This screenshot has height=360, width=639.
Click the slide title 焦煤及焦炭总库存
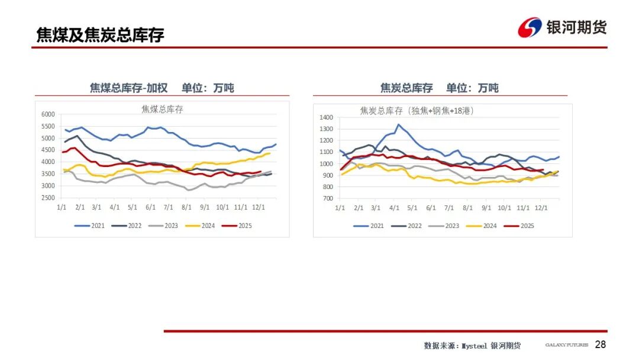click(x=100, y=35)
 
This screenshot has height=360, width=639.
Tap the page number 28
click(x=600, y=345)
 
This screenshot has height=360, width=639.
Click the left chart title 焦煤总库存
click(x=162, y=109)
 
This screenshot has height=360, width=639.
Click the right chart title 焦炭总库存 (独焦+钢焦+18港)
click(x=417, y=111)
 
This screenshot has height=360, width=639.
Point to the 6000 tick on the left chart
click(x=47, y=114)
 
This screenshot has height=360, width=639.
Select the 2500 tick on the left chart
click(x=47, y=198)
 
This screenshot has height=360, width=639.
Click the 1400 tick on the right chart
click(x=326, y=118)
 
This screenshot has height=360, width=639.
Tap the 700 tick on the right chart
click(x=328, y=198)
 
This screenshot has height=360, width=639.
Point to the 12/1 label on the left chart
click(x=257, y=208)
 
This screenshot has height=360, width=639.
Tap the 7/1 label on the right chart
click(x=448, y=208)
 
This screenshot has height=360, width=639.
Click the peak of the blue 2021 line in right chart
click(x=398, y=124)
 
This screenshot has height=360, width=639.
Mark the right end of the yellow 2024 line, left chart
click(x=270, y=153)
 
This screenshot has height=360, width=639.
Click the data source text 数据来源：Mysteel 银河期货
click(x=472, y=345)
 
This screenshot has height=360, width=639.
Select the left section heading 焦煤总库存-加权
click(x=128, y=88)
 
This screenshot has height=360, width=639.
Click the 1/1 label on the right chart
click(x=340, y=208)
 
